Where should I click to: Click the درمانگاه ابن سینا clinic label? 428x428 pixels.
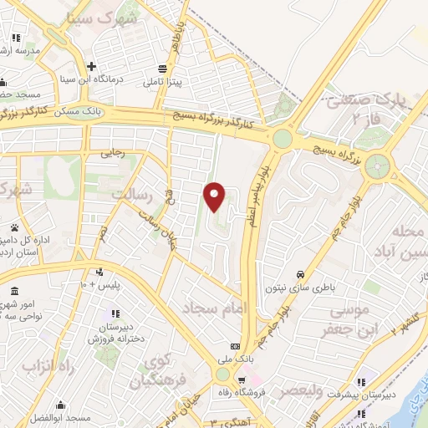(93, 81)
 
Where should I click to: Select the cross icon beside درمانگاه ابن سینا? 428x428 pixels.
(93, 66)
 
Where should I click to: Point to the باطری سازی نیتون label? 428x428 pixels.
(300, 288)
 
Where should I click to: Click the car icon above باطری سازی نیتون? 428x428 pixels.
(300, 273)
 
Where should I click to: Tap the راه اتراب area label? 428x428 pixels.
(39, 367)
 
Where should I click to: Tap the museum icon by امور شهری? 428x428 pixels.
(15, 292)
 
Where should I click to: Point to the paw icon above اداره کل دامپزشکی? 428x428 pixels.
(15, 227)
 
